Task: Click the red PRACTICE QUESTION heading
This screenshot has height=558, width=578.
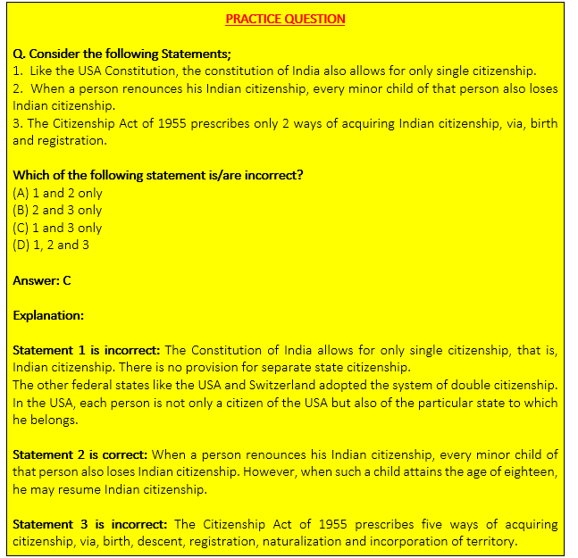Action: pos(285,19)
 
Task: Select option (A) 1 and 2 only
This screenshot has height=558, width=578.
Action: pos(57,193)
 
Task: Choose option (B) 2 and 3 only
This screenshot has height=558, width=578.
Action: pos(57,210)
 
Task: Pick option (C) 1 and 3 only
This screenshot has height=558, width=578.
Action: pos(57,228)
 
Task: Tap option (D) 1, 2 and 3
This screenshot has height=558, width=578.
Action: pos(51,245)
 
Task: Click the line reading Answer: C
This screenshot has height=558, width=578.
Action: pos(42,280)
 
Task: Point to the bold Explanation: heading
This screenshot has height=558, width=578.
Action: pos(48,315)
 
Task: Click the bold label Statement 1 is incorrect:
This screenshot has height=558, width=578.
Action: pos(87,350)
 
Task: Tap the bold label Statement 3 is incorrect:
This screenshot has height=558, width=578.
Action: pos(90,524)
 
